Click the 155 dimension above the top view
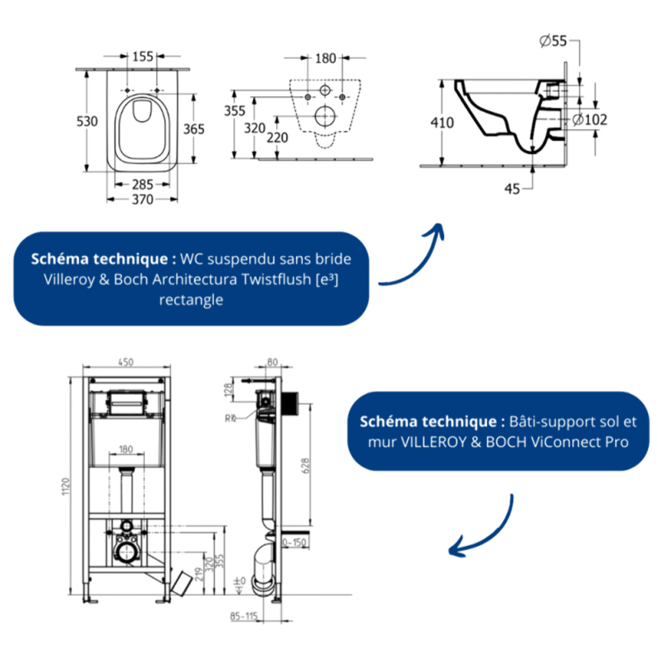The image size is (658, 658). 142,56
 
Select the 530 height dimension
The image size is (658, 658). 87,121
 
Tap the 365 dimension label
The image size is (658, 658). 194,129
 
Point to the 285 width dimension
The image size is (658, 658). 142,184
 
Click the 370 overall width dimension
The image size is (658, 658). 142,199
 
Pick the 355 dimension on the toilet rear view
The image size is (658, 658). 234,111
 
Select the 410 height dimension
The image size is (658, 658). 442,122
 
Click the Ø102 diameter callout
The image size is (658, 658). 590,119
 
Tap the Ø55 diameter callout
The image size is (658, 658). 553,41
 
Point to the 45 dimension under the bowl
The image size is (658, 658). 512,189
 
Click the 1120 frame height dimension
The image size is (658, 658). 66,486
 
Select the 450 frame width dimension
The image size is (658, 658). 126,362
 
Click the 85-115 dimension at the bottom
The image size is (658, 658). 244,616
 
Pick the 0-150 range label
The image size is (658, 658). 294,543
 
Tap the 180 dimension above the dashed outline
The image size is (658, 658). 325,58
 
